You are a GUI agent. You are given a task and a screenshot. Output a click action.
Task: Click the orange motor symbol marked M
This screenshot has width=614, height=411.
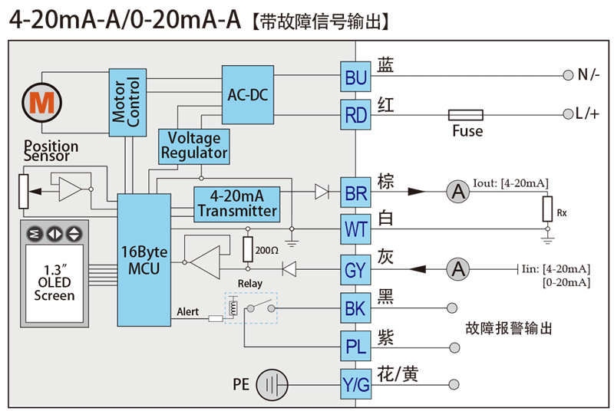coord(37,101)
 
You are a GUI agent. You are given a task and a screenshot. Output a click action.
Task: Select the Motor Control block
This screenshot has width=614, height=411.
coord(127,101)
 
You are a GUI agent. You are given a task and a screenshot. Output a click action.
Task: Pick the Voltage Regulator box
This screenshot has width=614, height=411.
coord(194,146)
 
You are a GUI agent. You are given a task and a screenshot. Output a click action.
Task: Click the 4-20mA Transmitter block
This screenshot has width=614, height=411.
coord(236,203)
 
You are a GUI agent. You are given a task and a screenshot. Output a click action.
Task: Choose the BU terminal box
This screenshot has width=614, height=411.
coord(356,77)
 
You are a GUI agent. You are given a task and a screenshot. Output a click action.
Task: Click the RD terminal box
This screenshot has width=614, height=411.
coord(356,115)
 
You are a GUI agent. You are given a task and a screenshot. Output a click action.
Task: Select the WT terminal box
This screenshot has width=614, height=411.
coord(356,229)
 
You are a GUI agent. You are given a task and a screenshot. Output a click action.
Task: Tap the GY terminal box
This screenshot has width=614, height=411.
coord(356,269)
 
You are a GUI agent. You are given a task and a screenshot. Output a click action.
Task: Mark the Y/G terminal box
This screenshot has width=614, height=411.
coord(356,385)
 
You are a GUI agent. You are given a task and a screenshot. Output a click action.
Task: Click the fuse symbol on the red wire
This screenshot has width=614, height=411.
coord(465,115)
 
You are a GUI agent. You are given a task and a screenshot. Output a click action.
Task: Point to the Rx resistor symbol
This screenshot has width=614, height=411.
coord(547,208)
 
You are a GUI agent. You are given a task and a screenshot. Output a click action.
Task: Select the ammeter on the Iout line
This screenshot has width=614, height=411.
coord(458,192)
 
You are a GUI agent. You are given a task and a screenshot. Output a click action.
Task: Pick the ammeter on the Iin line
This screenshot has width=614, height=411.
coord(458,269)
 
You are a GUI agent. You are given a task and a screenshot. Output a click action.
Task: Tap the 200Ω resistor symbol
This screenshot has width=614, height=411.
coord(247,249)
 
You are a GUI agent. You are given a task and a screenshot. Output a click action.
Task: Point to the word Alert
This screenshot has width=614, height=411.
coord(188,312)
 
